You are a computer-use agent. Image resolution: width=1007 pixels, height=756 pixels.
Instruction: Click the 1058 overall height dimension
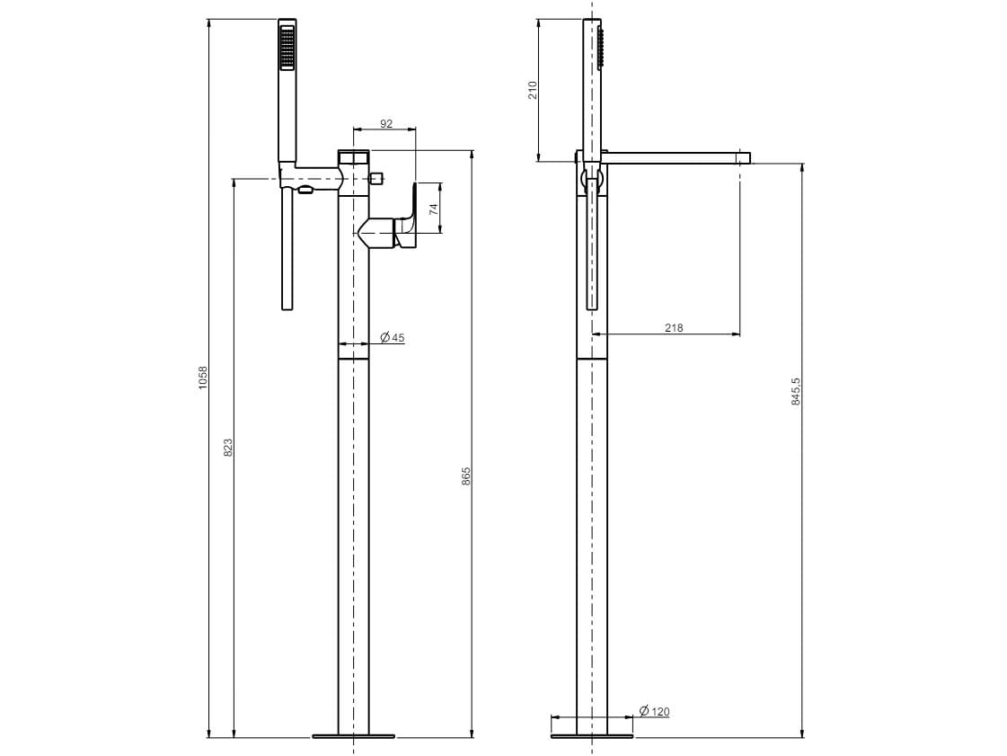[202, 377]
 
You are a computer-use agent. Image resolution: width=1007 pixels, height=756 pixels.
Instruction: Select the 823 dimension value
[227, 447]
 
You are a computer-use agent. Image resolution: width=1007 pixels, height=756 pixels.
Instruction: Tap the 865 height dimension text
[466, 476]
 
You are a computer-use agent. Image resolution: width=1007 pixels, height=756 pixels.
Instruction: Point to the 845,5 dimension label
[795, 391]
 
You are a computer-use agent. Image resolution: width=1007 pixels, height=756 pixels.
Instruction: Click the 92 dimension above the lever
[386, 124]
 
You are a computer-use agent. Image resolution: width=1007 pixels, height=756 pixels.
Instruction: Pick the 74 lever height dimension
[433, 209]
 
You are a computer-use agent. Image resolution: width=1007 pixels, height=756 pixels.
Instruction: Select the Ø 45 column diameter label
[393, 338]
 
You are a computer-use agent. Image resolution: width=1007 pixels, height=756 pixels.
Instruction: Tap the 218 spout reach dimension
[674, 328]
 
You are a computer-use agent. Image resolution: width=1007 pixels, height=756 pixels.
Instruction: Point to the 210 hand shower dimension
[532, 89]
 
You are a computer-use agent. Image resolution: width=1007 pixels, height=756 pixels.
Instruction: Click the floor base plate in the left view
[354, 736]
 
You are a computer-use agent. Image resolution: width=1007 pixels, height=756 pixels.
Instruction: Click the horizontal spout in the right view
[674, 158]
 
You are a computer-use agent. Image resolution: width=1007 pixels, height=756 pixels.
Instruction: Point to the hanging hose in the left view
[287, 252]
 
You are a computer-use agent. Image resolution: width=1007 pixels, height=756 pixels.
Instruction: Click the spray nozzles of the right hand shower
[599, 47]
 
